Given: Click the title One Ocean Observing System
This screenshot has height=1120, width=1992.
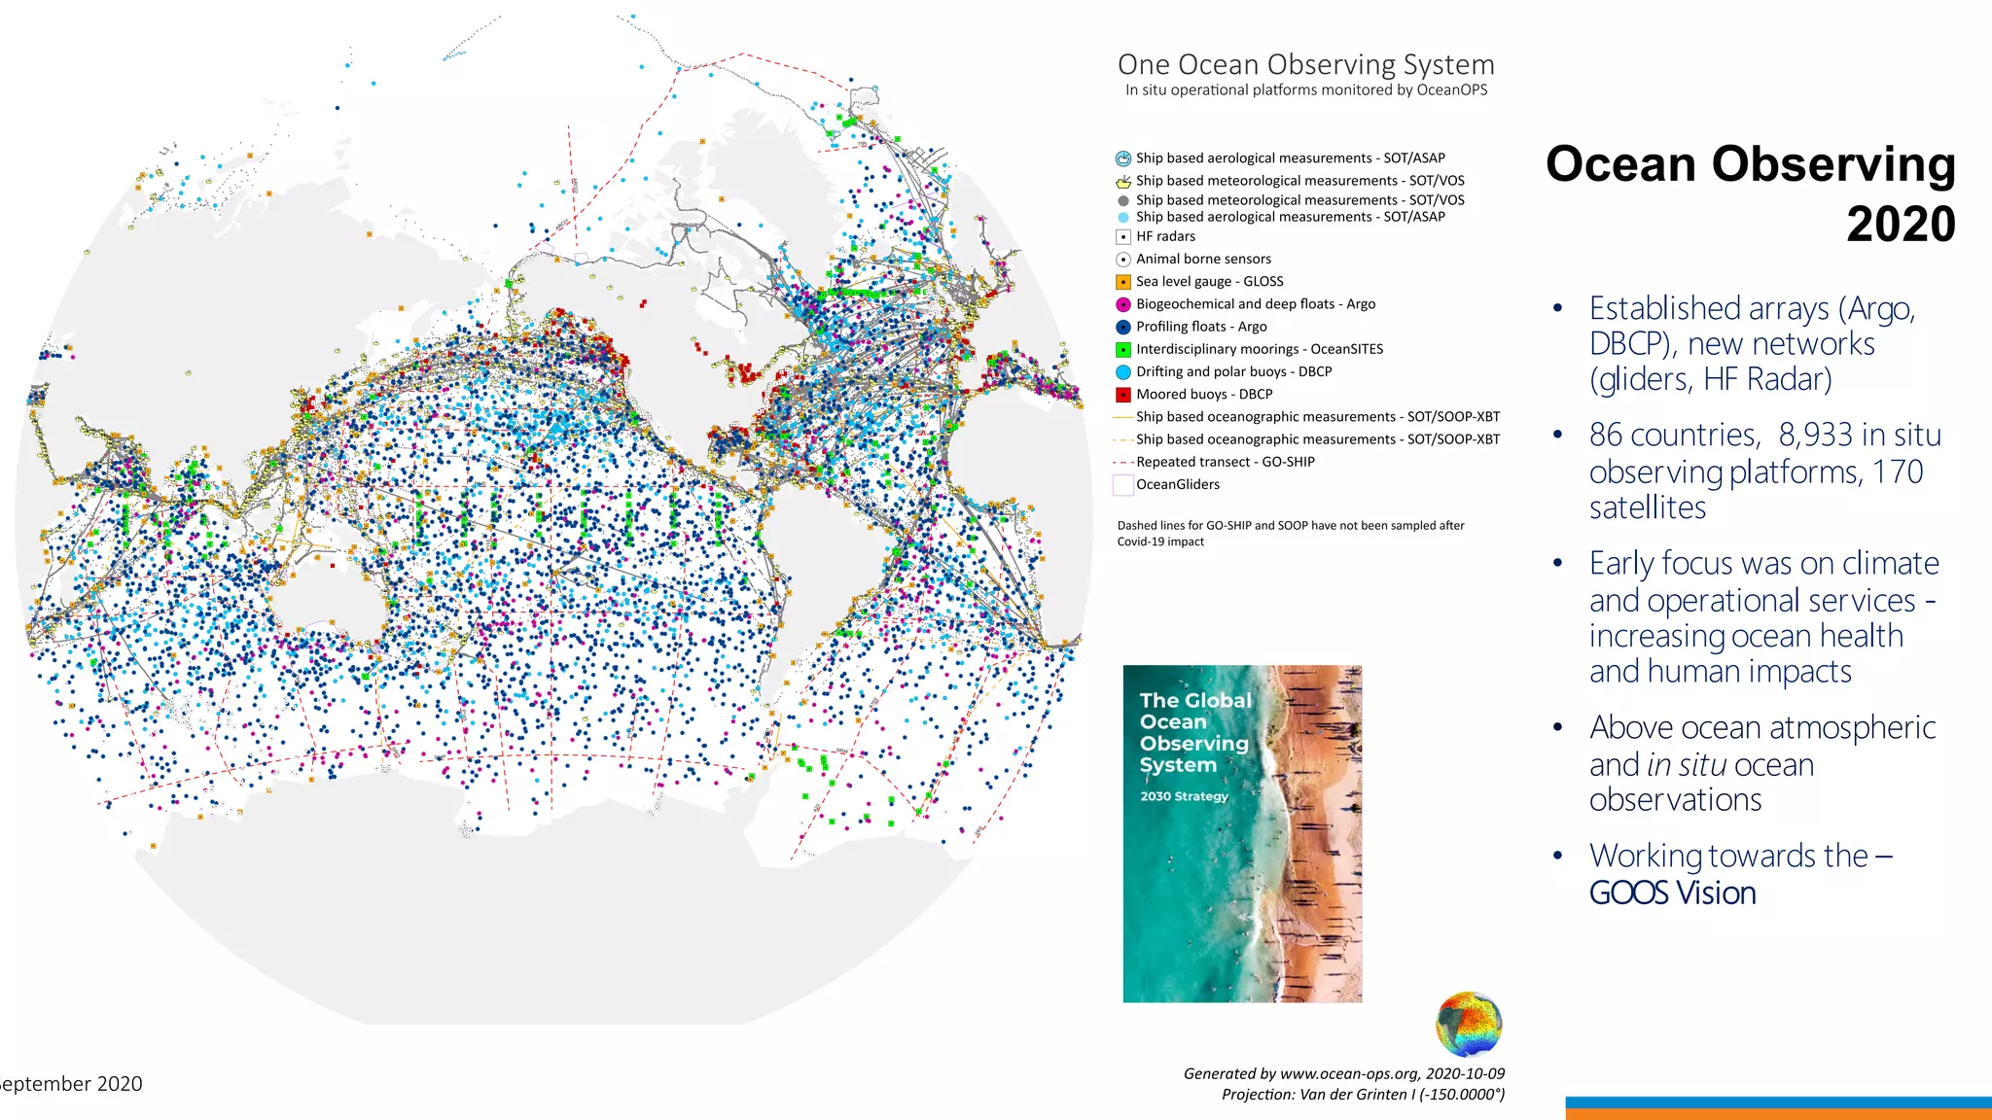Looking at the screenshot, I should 1305,65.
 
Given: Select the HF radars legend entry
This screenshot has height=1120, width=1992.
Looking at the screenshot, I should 1165,236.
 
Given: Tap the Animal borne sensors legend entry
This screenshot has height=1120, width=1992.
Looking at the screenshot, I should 1203,259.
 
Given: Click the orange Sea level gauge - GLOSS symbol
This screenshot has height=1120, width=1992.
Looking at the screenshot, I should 1123,282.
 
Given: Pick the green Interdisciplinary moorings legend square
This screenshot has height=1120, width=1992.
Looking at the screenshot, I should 1123,349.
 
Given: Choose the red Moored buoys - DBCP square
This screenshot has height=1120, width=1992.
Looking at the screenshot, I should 1123,395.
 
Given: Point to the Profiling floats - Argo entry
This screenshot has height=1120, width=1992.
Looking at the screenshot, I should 1200,327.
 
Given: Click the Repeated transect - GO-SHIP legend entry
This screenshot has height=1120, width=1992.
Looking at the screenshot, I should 1225,462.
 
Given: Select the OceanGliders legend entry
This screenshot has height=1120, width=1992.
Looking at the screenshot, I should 1177,484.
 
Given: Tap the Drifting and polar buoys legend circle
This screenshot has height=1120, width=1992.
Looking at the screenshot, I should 1123,371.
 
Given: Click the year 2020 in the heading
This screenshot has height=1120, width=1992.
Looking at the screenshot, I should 1900,225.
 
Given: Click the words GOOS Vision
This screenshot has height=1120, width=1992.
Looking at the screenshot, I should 1672,892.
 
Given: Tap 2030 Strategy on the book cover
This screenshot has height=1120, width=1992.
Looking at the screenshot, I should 1184,796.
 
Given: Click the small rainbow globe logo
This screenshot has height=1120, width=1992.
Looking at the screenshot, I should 1469,1024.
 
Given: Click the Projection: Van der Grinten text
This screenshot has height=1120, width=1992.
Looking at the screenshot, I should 1362,1094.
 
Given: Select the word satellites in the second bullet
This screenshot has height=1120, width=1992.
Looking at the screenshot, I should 1648,507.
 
